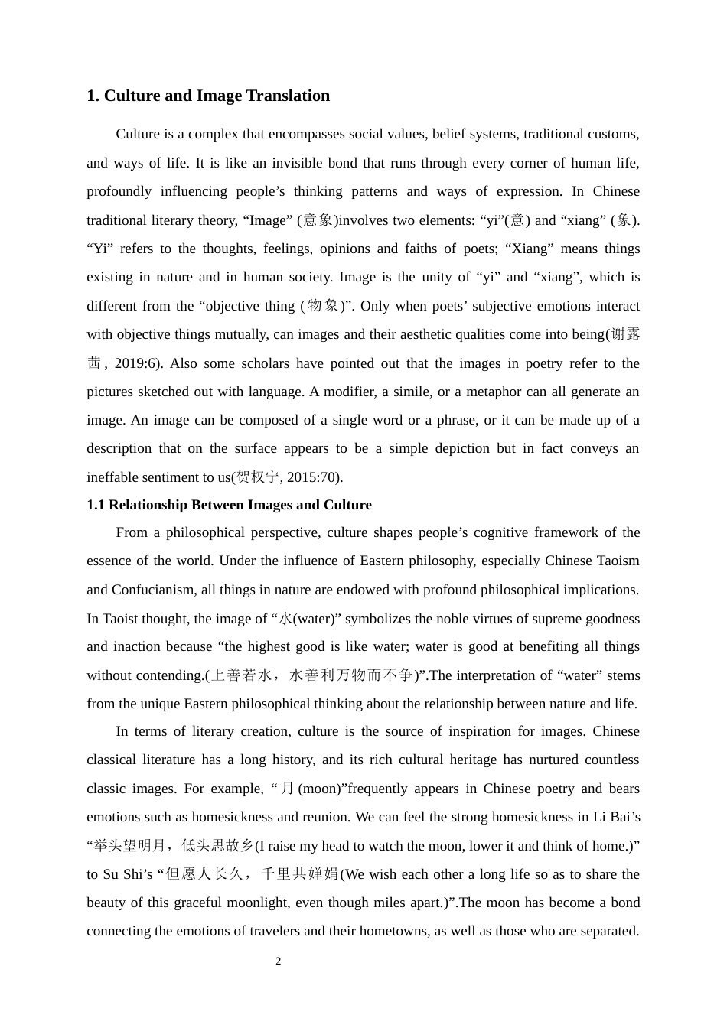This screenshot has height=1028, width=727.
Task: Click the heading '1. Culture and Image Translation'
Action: [x=208, y=96]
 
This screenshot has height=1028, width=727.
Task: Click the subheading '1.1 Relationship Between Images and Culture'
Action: [x=229, y=505]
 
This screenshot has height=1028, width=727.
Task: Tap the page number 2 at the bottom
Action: [x=279, y=961]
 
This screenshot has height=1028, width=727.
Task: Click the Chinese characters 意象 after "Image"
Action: [x=318, y=220]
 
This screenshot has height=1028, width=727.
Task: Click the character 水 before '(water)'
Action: [x=285, y=619]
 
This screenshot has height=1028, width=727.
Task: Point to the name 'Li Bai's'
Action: [x=616, y=817]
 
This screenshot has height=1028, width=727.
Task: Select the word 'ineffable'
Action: [x=114, y=477]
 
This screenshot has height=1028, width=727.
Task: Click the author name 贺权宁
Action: [x=258, y=477]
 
